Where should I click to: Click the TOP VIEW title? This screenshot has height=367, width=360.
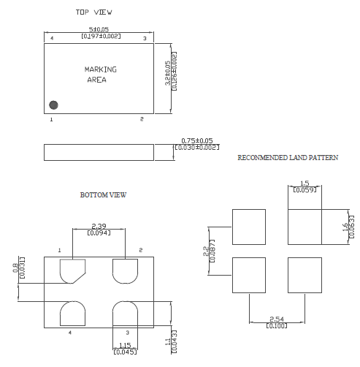(94, 12)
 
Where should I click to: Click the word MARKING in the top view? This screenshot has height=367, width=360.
(100, 69)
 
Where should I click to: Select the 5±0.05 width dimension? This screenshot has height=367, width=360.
(99, 30)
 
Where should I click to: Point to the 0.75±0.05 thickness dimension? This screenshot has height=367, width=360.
(196, 140)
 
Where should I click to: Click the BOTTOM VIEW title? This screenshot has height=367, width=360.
(103, 195)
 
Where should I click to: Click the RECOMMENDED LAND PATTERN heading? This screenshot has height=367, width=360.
(288, 158)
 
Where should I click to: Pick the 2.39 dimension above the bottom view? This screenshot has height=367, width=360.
(99, 225)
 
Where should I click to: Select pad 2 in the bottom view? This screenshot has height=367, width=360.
(126, 270)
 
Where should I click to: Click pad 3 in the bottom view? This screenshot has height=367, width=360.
(126, 316)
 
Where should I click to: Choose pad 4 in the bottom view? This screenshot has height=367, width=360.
(72, 315)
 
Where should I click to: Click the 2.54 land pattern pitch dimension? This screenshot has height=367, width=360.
(277, 319)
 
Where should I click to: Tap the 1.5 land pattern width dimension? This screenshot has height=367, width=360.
(305, 183)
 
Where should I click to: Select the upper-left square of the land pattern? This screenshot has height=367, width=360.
(249, 227)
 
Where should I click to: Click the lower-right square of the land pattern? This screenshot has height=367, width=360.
(305, 275)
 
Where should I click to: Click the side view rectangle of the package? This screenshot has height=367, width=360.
(99, 151)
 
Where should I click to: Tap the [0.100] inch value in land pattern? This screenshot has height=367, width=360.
(277, 326)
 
